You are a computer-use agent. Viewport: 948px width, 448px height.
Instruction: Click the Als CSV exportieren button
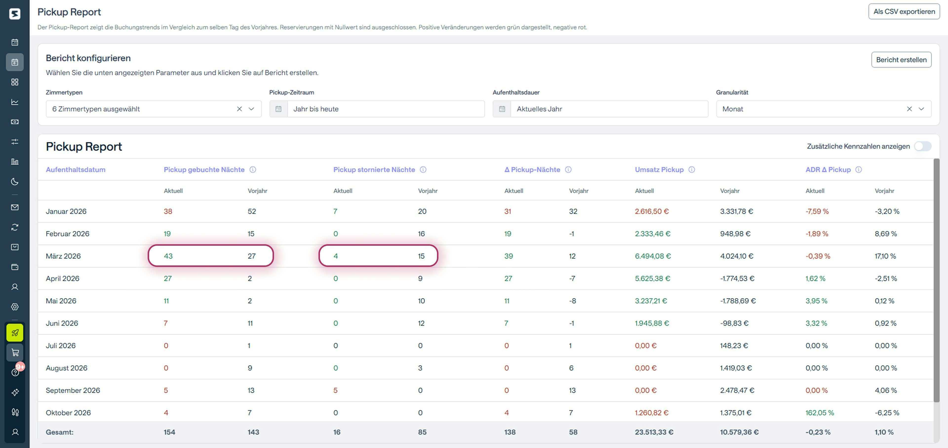pyautogui.click(x=904, y=11)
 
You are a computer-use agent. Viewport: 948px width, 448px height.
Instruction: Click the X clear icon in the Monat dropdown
pyautogui.click(x=909, y=109)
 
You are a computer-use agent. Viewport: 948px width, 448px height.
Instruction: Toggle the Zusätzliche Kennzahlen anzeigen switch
pyautogui.click(x=922, y=146)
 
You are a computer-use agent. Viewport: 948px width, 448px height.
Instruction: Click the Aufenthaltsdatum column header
pyautogui.click(x=76, y=169)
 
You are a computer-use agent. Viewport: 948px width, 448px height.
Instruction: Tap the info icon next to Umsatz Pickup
pyautogui.click(x=691, y=169)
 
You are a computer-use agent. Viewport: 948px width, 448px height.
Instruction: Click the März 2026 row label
pyautogui.click(x=63, y=256)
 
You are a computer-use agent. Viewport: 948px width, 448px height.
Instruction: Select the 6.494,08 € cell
pyautogui.click(x=652, y=256)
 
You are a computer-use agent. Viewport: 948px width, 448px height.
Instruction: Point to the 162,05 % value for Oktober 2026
pyautogui.click(x=820, y=413)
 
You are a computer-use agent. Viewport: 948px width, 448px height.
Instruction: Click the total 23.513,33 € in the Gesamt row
pyautogui.click(x=654, y=432)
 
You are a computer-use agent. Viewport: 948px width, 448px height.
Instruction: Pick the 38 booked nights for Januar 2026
pyautogui.click(x=168, y=211)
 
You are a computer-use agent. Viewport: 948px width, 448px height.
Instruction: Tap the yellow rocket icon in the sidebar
pyautogui.click(x=15, y=333)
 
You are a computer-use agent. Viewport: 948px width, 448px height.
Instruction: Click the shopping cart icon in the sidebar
pyautogui.click(x=15, y=353)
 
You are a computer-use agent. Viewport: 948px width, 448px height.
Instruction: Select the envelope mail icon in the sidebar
pyautogui.click(x=15, y=207)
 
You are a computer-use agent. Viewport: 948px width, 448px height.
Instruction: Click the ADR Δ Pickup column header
pyautogui.click(x=828, y=169)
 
